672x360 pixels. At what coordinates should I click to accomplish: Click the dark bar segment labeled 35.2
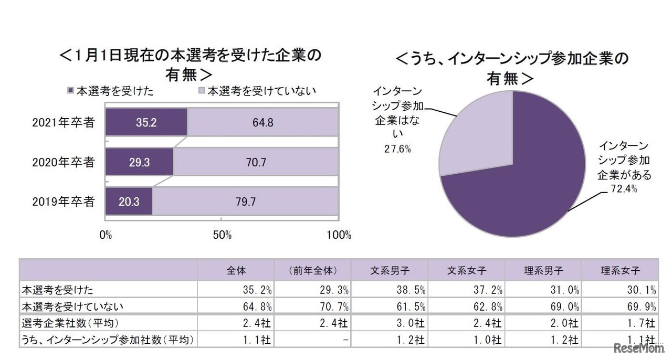point(146,122)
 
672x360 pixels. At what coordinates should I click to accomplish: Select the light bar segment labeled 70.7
point(256,162)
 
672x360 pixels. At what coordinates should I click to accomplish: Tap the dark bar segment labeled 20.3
point(129,202)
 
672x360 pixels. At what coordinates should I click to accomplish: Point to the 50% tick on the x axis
point(222,235)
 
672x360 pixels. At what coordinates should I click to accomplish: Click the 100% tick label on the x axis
point(339,235)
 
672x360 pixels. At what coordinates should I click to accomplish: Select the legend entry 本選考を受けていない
point(261,91)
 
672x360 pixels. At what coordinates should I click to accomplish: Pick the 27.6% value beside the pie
point(397,149)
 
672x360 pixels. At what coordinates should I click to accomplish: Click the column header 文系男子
point(390,271)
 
